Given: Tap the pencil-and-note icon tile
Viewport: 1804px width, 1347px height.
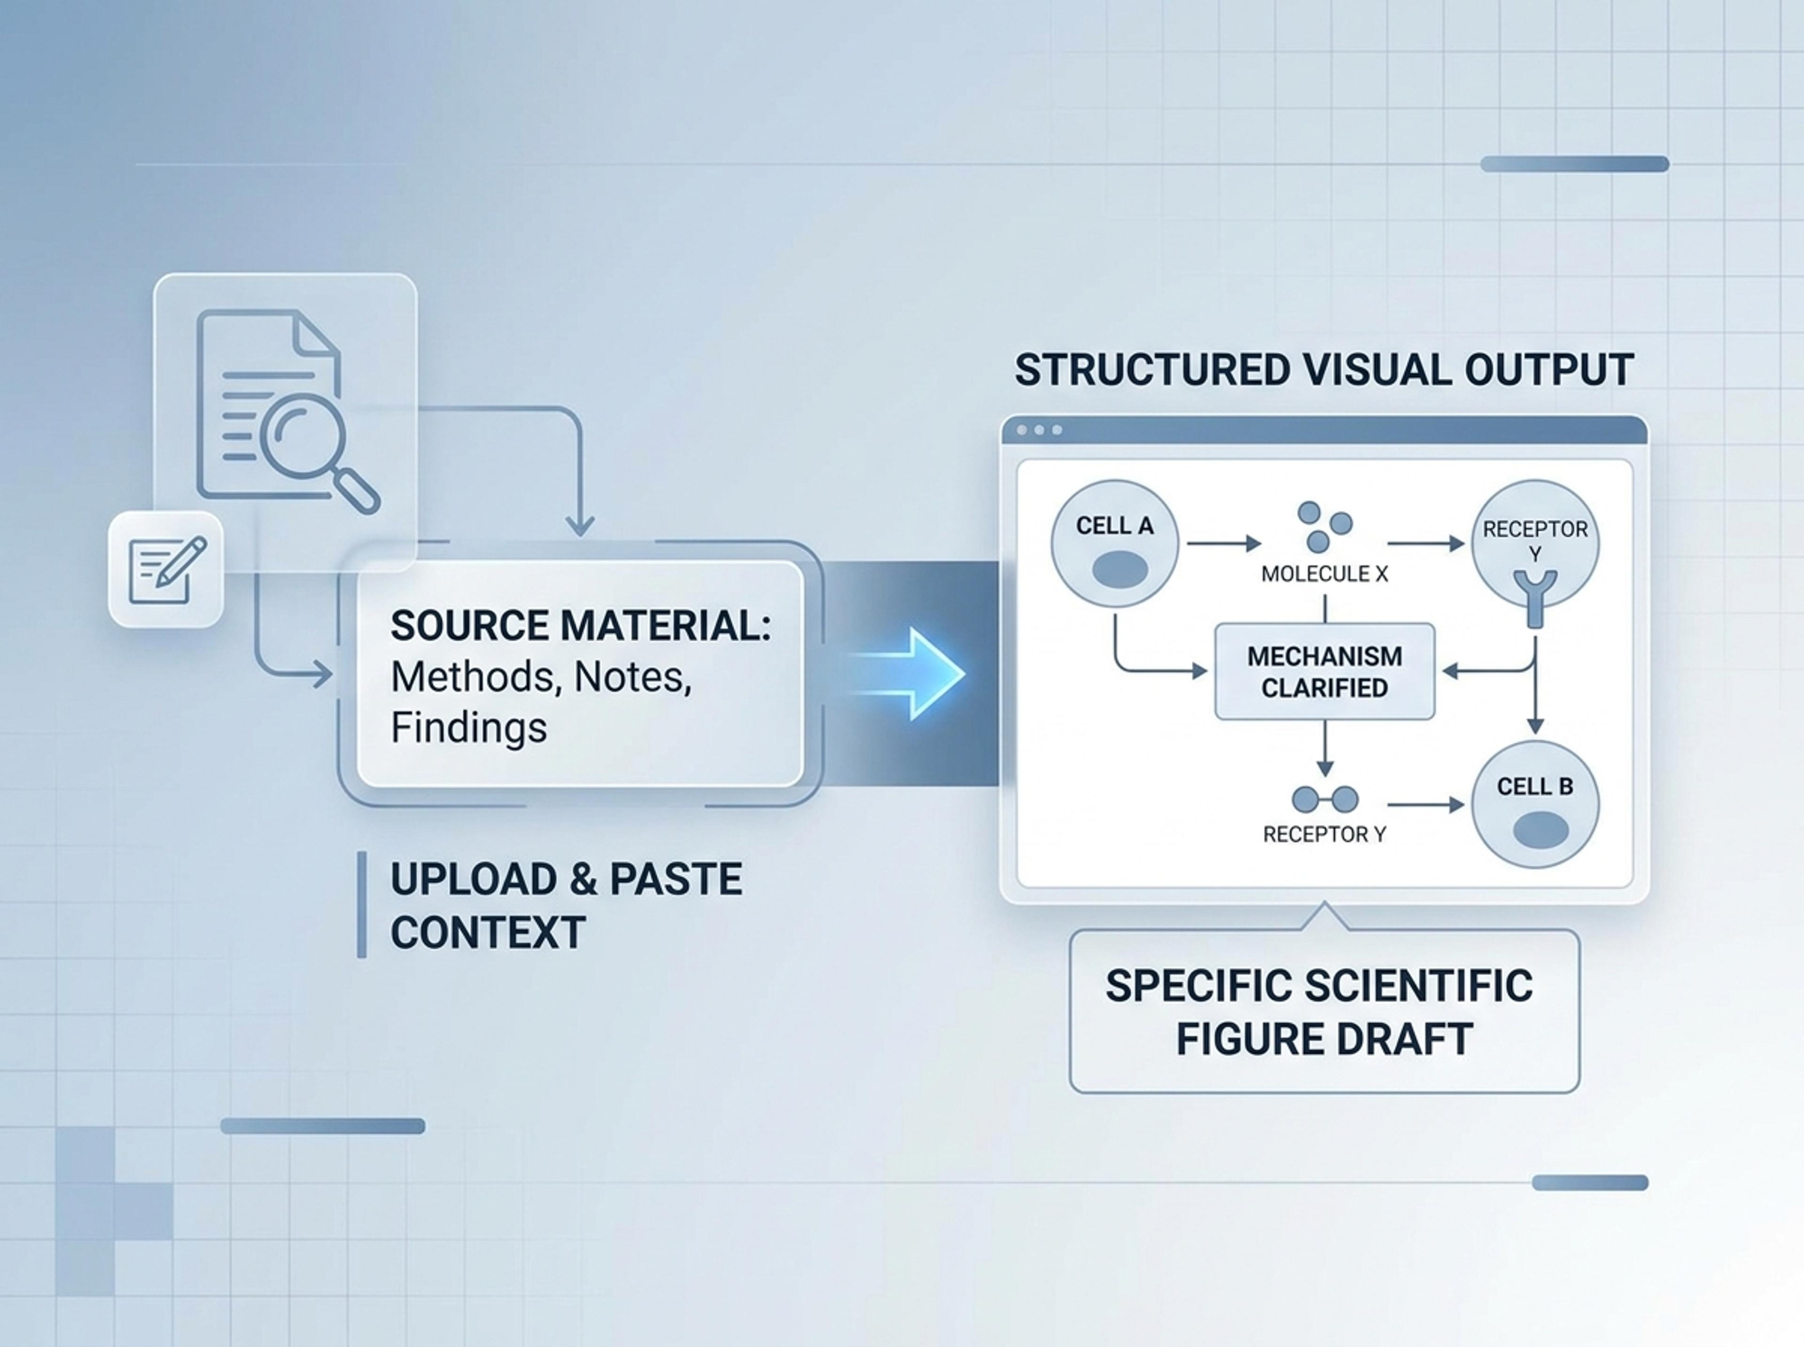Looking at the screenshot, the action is [x=166, y=569].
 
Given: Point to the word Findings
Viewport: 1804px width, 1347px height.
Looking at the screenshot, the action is [x=469, y=727].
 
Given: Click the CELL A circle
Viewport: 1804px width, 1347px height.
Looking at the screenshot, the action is [x=1114, y=543].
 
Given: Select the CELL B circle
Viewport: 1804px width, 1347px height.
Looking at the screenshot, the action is [x=1535, y=804].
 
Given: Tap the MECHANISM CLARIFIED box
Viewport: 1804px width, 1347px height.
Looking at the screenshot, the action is [x=1325, y=672].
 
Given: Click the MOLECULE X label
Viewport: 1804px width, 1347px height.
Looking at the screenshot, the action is [x=1325, y=574].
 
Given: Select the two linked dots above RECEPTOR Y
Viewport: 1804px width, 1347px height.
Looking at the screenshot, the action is [x=1325, y=799].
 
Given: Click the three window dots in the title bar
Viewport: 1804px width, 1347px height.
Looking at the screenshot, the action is [x=1039, y=430].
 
